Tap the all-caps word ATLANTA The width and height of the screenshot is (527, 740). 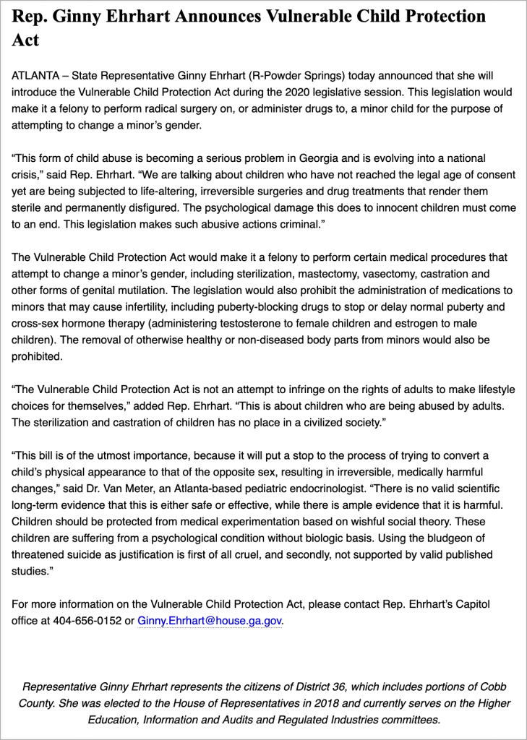point(36,76)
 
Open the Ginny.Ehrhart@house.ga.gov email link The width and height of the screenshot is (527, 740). point(209,621)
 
